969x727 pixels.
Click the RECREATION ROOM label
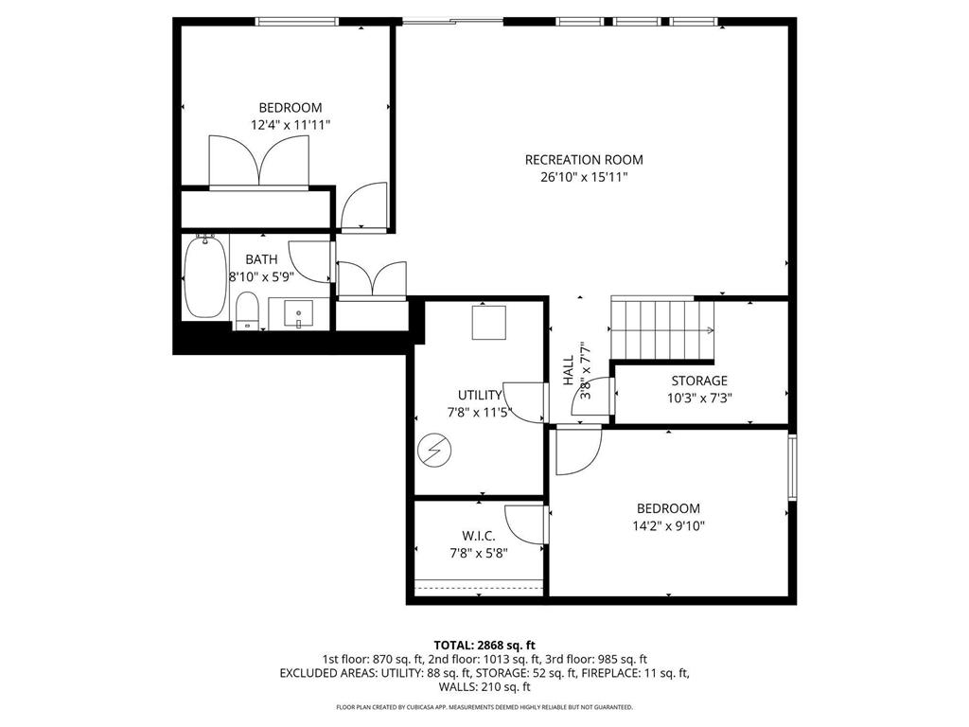(x=584, y=160)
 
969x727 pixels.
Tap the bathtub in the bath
(x=204, y=278)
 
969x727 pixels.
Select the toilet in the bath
(x=247, y=311)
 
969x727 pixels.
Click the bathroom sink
(x=298, y=311)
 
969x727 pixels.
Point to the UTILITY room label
(x=480, y=395)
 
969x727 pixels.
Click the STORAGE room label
(x=699, y=381)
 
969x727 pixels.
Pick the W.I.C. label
(x=479, y=536)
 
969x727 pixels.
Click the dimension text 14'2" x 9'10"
(x=668, y=526)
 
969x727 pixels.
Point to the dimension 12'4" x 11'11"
(x=291, y=125)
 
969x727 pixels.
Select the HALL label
(x=568, y=369)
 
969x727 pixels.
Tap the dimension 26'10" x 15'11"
(x=584, y=177)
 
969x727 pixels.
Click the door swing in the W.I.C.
(x=526, y=525)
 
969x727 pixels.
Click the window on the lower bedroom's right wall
(x=793, y=467)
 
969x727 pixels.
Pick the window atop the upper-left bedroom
(x=297, y=22)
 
